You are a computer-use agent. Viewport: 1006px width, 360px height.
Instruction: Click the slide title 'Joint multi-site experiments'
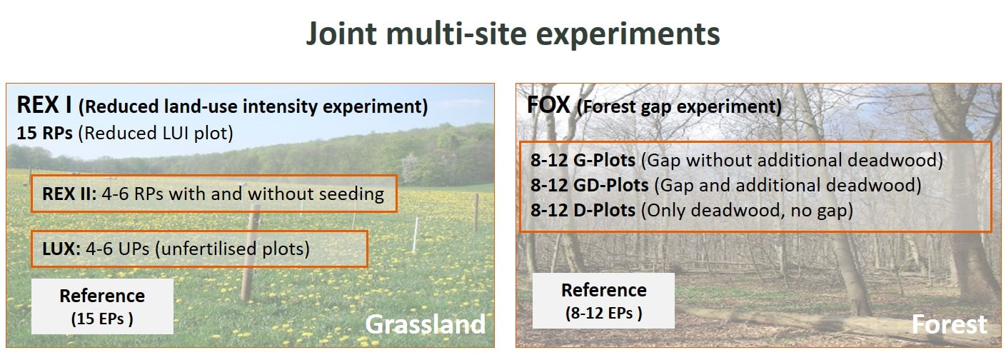point(513,34)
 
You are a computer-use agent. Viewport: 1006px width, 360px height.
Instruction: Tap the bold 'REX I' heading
point(44,105)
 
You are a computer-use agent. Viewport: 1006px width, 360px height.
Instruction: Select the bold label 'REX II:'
point(69,194)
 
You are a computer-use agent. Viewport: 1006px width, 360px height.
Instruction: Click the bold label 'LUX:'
point(61,249)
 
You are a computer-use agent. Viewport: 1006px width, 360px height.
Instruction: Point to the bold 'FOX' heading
point(548,105)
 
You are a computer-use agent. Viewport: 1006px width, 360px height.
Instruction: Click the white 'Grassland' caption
point(426,324)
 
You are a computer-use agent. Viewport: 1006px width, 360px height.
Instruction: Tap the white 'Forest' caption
point(949,324)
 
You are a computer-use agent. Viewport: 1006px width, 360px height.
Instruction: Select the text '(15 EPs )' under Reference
point(102,319)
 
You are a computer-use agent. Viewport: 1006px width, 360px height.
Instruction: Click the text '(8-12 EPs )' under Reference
point(603,314)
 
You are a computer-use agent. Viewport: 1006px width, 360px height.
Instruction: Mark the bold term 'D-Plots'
point(605,210)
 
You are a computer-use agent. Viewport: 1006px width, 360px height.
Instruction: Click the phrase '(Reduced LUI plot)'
point(156,134)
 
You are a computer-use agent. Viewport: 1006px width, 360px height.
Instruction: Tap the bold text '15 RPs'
point(44,134)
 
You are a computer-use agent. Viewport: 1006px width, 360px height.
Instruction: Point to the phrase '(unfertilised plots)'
point(232,249)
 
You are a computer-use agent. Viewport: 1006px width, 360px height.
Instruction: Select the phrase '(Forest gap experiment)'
point(679,107)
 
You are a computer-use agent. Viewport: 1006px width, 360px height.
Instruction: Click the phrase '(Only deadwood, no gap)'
point(747,210)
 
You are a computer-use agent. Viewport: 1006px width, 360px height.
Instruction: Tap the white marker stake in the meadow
point(416,234)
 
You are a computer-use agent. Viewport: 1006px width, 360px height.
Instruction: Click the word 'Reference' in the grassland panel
point(102,296)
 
